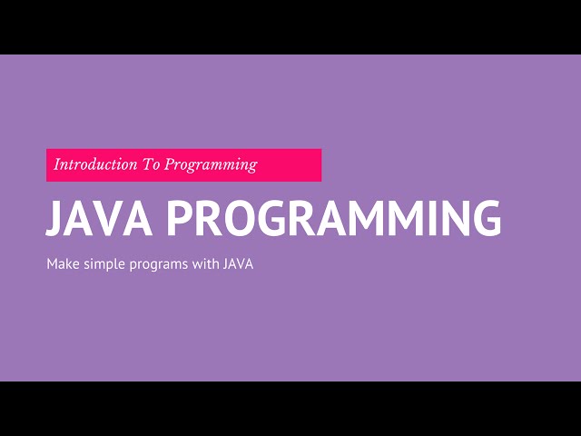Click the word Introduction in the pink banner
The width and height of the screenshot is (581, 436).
click(x=92, y=165)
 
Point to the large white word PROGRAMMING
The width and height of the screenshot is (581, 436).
click(x=335, y=219)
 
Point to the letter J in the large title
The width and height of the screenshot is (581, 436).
click(x=54, y=219)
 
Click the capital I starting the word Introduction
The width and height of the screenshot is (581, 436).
click(x=57, y=165)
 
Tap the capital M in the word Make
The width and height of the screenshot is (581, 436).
click(x=52, y=264)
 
